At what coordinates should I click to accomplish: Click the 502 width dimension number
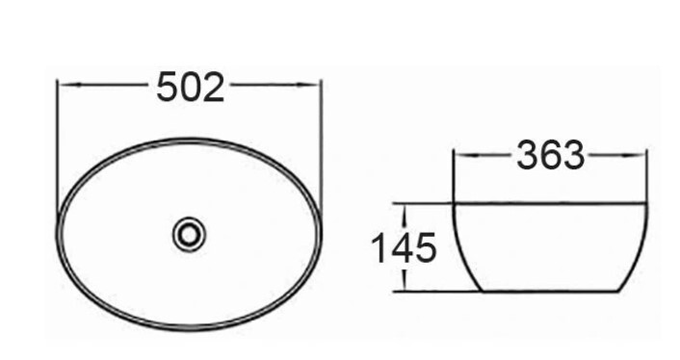[190, 87]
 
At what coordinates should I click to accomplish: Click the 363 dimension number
[550, 155]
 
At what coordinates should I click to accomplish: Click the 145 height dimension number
[404, 247]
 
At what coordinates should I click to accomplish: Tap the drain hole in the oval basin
[189, 234]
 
